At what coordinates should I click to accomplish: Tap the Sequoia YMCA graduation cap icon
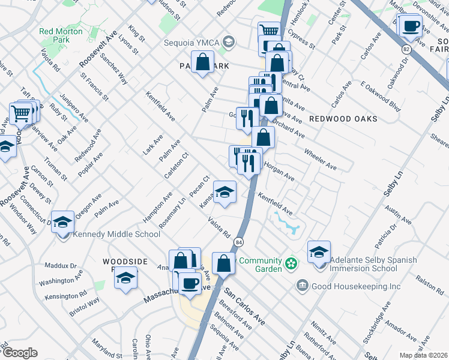pos(228,42)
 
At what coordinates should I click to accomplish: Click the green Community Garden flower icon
pos(291,263)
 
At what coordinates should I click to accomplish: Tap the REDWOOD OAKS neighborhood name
pos(343,119)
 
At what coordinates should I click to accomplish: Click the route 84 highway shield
pos(239,242)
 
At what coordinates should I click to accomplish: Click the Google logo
pos(20,352)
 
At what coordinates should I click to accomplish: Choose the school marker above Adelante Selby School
pos(319,251)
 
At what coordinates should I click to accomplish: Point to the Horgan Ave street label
pos(279,173)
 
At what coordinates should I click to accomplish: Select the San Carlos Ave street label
pos(245,307)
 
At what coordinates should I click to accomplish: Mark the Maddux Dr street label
pos(61,265)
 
